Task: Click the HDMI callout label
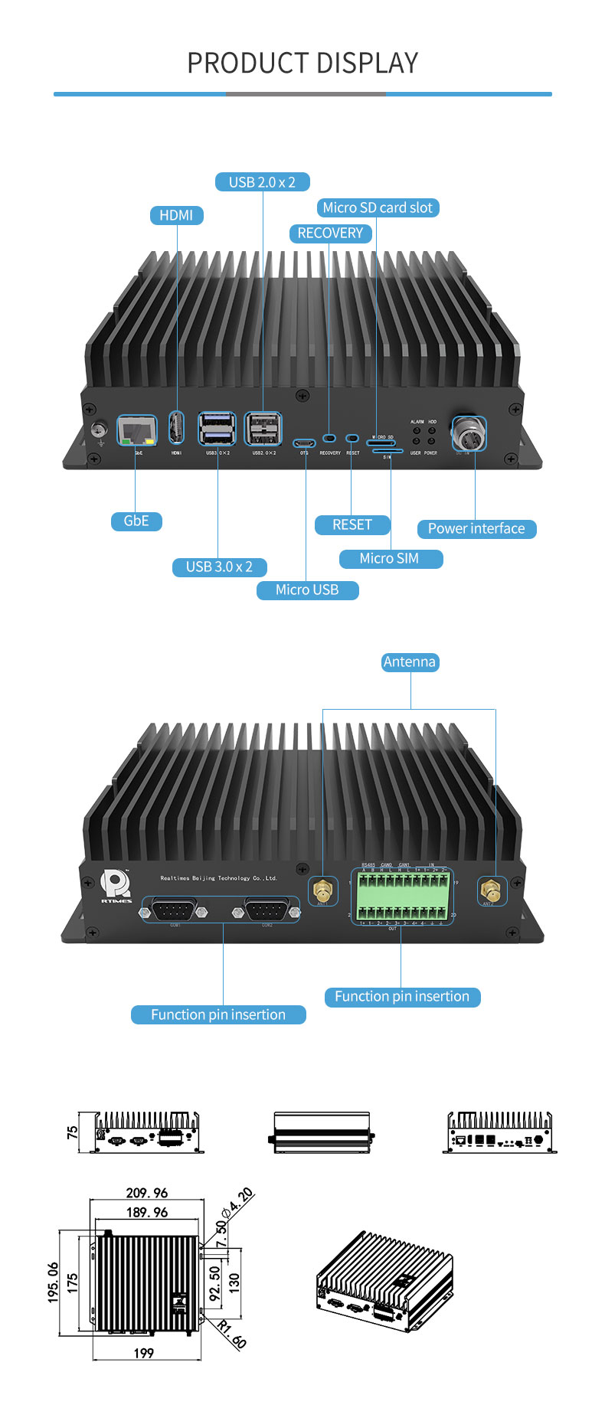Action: tap(176, 215)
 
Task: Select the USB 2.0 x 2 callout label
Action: tap(262, 182)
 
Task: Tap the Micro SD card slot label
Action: tap(377, 207)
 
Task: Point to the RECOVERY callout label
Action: tap(330, 233)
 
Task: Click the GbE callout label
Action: tap(136, 521)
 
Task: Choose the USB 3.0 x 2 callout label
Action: tap(219, 567)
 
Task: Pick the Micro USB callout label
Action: tap(306, 590)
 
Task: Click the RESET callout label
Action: tap(352, 524)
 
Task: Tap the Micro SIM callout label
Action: tap(390, 558)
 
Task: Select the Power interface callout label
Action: tap(476, 528)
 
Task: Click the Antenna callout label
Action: tap(410, 661)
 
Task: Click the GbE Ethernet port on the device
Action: tap(136, 431)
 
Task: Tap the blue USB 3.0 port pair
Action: tap(217, 430)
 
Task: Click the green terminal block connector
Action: tap(402, 896)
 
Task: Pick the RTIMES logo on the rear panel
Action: tap(116, 887)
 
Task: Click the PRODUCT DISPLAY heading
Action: tap(302, 63)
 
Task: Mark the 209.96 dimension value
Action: tap(146, 1193)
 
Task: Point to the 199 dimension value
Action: tap(144, 1353)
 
